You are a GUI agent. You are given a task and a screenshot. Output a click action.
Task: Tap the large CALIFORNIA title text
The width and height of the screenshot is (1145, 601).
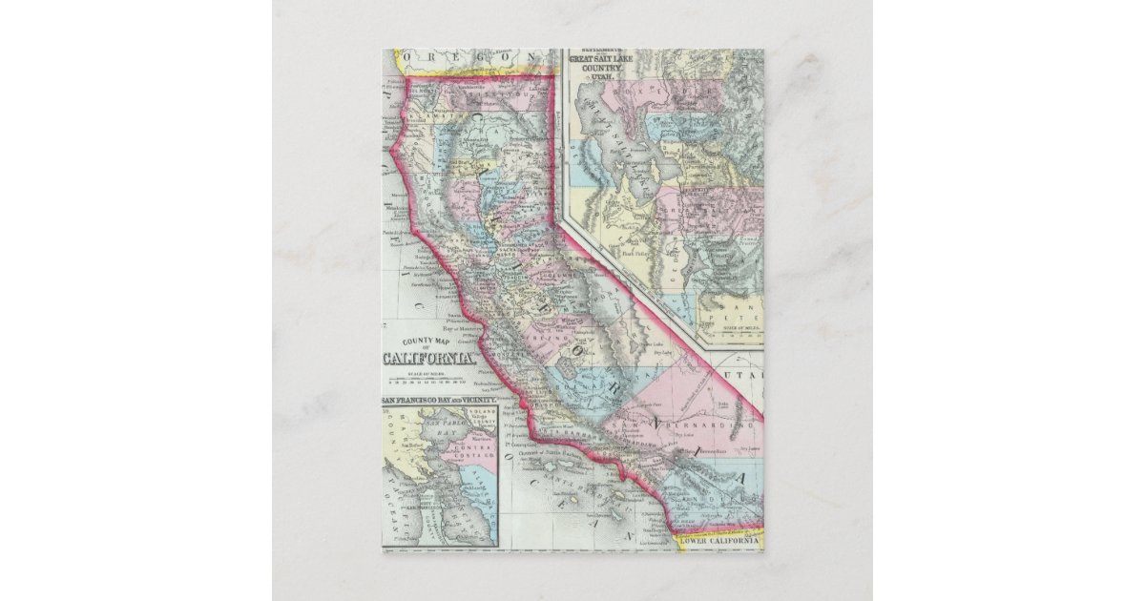(429, 358)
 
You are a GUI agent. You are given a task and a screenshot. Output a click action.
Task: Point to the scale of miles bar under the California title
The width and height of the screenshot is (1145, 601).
(429, 379)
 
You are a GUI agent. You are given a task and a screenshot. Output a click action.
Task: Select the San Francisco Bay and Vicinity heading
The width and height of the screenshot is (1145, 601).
(440, 398)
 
